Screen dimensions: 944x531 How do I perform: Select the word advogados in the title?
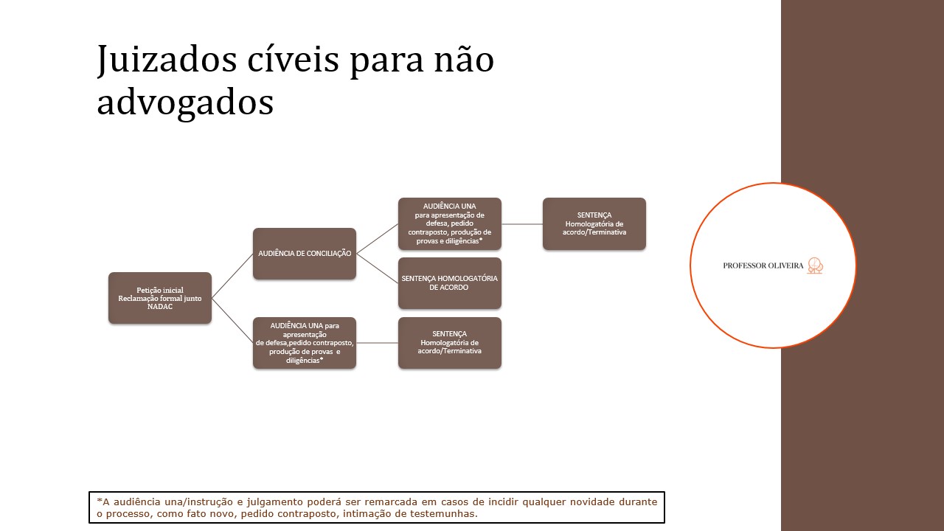click(185, 103)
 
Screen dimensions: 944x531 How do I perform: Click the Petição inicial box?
click(160, 298)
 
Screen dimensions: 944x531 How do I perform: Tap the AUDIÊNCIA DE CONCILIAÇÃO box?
click(305, 254)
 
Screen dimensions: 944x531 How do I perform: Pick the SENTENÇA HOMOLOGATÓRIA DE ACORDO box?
click(450, 283)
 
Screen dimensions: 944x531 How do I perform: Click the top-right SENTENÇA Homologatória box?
click(594, 223)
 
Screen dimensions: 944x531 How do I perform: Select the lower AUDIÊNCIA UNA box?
click(305, 343)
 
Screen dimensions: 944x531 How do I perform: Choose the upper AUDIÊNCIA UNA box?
click(450, 223)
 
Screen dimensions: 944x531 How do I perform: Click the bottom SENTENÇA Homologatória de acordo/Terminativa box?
click(450, 343)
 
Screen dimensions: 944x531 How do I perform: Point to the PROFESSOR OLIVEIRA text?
click(763, 265)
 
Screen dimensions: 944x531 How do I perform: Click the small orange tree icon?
click(815, 265)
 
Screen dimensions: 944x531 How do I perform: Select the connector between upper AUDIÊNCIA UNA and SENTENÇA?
click(522, 223)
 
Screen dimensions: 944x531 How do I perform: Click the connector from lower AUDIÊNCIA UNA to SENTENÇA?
click(377, 343)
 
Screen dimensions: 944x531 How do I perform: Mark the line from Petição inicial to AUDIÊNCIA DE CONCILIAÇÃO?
click(232, 276)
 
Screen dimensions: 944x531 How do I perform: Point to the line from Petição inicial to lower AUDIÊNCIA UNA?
click(232, 320)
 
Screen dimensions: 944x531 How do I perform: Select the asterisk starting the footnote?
click(99, 501)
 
